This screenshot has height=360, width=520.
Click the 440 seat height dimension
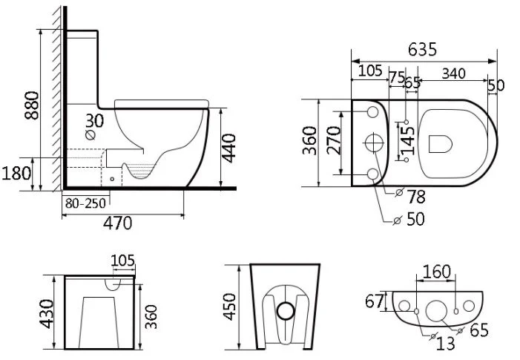click(229, 148)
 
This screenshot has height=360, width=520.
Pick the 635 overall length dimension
click(421, 50)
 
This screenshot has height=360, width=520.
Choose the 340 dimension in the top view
click(454, 73)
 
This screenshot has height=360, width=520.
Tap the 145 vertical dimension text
click(407, 141)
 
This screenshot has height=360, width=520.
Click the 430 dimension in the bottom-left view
click(47, 312)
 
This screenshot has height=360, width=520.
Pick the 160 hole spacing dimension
click(436, 272)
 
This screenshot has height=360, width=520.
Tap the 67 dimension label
click(375, 302)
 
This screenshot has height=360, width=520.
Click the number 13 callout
click(447, 342)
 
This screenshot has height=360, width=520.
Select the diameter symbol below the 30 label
click(91, 136)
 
